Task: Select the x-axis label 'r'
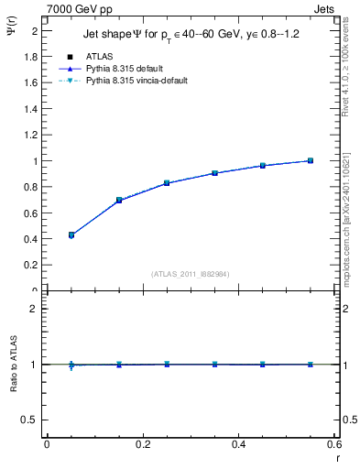(336, 458)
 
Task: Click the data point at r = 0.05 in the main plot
(71, 234)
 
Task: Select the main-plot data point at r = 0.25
(167, 183)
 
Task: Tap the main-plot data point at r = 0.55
(311, 160)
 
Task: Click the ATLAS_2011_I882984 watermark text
(191, 273)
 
